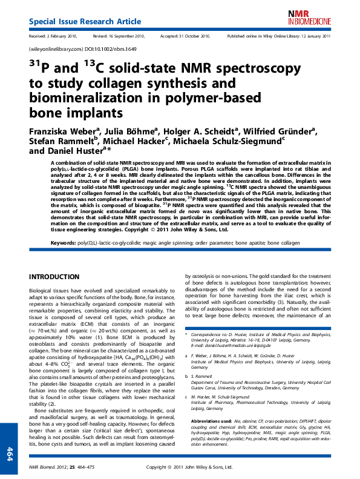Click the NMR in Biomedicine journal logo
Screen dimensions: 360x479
click(x=317, y=16)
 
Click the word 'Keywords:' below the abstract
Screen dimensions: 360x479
click(x=67, y=242)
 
